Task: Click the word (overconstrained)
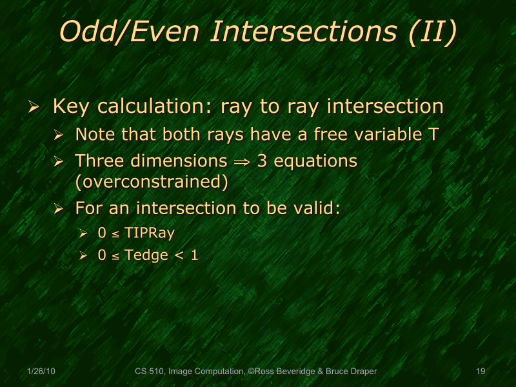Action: (x=152, y=182)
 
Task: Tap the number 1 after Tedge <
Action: (x=194, y=255)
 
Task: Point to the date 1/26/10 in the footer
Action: (x=41, y=372)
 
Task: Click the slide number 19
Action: (x=480, y=372)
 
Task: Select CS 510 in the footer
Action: (x=149, y=372)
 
